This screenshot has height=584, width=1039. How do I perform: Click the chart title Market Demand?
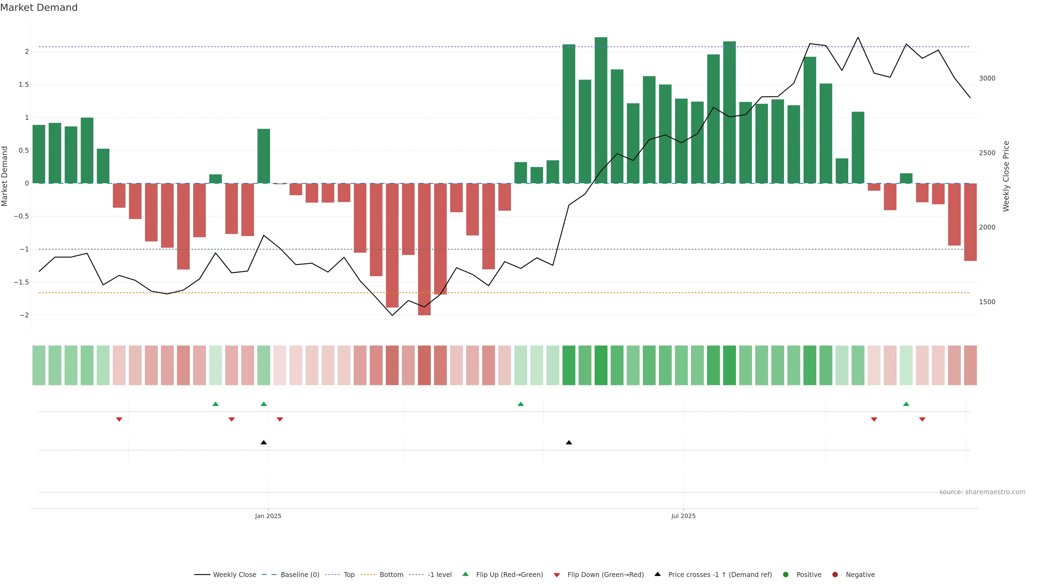39,8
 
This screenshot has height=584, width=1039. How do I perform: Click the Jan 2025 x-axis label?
268,516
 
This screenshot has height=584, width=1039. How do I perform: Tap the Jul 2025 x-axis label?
683,516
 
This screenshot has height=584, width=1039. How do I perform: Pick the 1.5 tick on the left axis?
23,85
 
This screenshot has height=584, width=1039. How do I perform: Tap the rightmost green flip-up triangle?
906,404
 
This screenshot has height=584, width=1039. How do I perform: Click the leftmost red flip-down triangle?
119,420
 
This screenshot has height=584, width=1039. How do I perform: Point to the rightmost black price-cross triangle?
569,443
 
